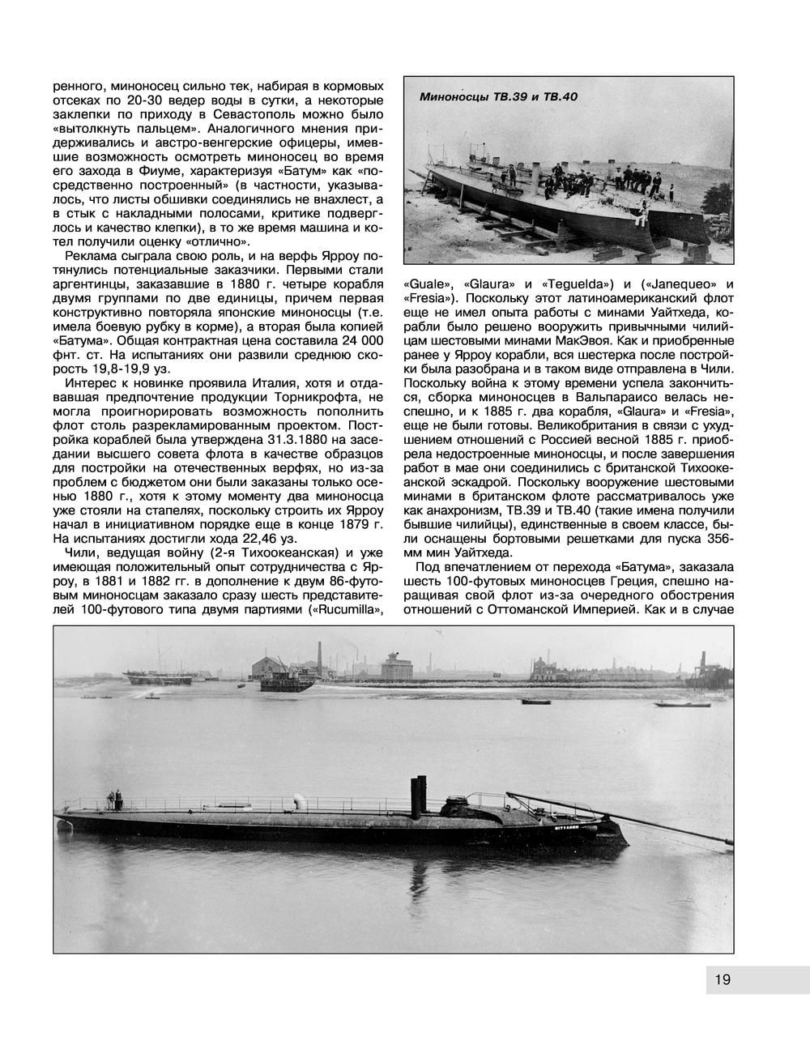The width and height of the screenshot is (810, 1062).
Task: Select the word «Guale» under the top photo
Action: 426,284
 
